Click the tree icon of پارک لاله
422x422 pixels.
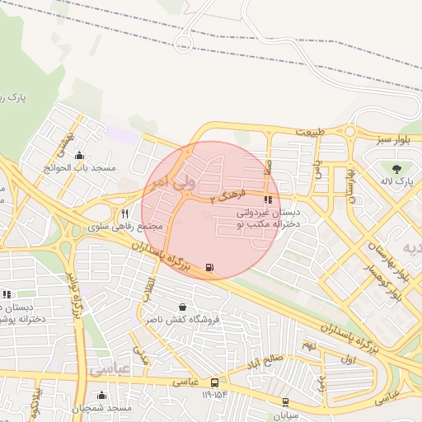point(397,168)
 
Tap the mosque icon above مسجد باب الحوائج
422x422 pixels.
point(79,155)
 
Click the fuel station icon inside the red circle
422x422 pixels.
point(209,267)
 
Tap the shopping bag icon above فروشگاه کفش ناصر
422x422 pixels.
point(171,307)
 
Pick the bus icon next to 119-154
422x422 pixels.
point(214,382)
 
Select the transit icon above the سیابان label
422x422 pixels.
point(285,402)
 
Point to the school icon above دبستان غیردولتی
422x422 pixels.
point(267,199)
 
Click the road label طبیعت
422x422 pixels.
point(311,131)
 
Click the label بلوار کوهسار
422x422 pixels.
point(396,274)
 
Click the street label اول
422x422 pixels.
point(346,360)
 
